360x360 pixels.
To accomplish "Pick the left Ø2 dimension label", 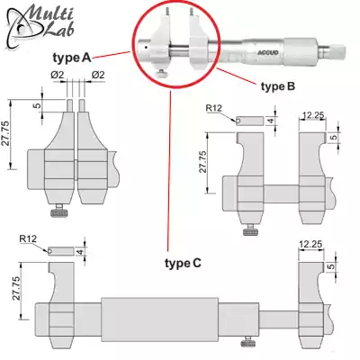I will pos(56,74).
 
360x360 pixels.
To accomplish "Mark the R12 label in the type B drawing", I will pos(213,108).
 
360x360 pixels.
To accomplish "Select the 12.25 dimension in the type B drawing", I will pos(313,114).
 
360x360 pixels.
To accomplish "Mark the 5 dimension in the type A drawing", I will pos(39,105).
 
